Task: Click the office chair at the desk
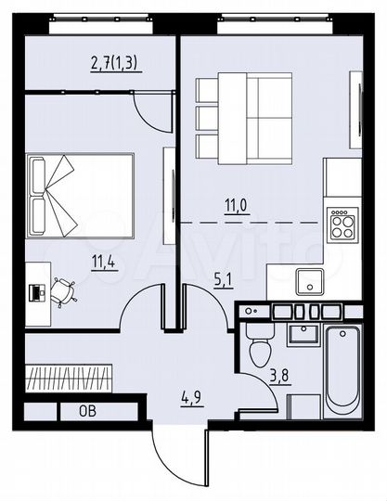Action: point(64,290)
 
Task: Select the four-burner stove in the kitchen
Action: point(342,222)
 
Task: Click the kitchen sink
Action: point(304,279)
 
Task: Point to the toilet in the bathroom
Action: point(259,345)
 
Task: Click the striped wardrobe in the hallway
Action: point(70,379)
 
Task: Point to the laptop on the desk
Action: point(36,290)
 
